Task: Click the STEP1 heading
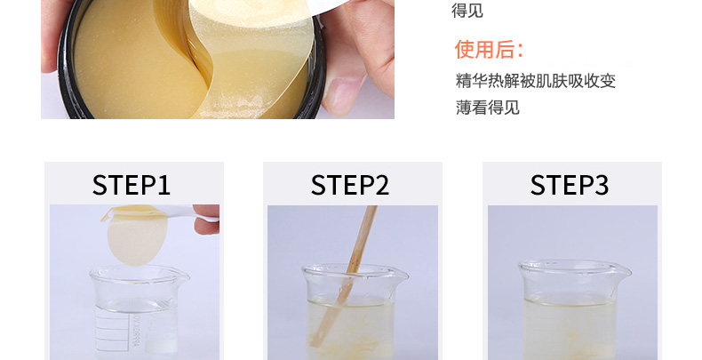coord(132,185)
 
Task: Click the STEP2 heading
coord(350,185)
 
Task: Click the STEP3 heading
coord(570,185)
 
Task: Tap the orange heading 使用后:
coord(489,49)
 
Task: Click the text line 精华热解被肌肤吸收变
coord(536,81)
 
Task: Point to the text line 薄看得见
coord(488,108)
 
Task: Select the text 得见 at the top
coord(467,11)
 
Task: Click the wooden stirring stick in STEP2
coord(345,276)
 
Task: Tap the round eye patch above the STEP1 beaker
coord(137,237)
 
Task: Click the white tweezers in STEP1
coord(161,214)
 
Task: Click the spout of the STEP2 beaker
coord(401,273)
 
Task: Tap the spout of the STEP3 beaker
coord(623,269)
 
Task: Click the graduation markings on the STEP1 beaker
coord(107,328)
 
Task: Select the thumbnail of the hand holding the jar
coord(218,59)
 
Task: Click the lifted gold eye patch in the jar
coord(251,58)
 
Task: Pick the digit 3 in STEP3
coord(602,186)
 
